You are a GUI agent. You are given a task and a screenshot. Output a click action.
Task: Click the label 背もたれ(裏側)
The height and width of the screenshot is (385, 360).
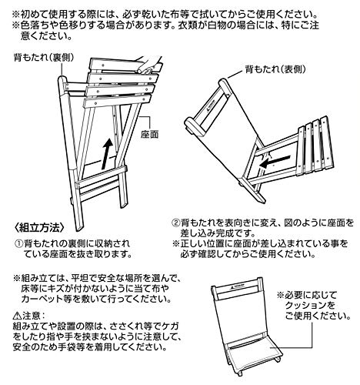(x=44, y=58)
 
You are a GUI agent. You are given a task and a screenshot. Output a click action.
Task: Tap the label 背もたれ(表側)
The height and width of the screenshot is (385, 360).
(x=275, y=69)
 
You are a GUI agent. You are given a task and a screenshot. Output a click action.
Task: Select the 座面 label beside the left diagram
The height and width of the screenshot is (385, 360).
(x=150, y=134)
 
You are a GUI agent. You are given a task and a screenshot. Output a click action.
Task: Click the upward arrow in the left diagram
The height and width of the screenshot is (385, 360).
(x=107, y=154)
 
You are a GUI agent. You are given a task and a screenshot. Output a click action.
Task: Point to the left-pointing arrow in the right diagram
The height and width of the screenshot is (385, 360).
(x=275, y=161)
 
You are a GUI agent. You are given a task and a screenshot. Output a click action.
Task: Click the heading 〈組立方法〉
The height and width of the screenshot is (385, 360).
(x=39, y=228)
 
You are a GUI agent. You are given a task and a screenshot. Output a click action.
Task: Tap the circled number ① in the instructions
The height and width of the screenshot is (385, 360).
(x=18, y=243)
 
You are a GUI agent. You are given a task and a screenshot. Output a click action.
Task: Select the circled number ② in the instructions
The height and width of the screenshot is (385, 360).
(x=175, y=223)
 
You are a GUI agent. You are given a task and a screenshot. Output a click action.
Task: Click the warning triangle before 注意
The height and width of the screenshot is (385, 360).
(x=17, y=315)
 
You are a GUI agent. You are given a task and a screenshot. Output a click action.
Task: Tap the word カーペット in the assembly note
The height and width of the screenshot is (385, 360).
(x=42, y=299)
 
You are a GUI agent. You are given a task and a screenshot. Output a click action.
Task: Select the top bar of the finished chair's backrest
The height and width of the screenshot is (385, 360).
(x=236, y=283)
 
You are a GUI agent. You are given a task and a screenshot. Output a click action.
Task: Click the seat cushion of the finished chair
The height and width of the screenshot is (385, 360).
(x=252, y=353)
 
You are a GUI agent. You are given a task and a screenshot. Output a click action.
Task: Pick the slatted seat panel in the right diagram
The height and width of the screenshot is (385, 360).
(x=315, y=146)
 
